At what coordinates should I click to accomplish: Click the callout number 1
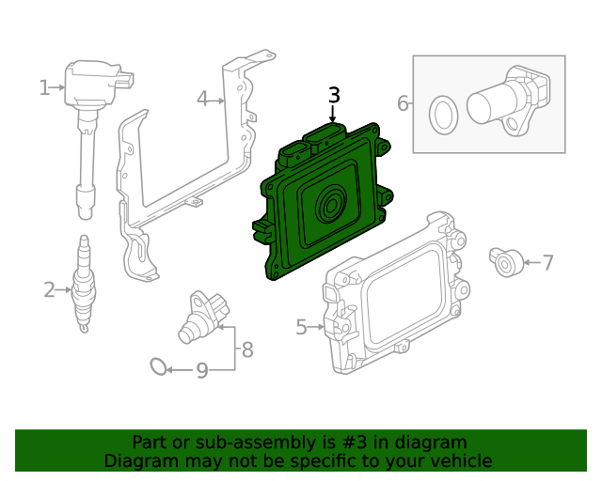pyautogui.click(x=44, y=88)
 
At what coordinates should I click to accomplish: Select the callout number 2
pyautogui.click(x=49, y=290)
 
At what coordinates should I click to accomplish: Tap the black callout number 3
pyautogui.click(x=334, y=95)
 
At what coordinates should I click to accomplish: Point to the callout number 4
pyautogui.click(x=202, y=99)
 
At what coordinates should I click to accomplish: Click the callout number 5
pyautogui.click(x=301, y=327)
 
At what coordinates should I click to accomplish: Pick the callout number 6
pyautogui.click(x=403, y=103)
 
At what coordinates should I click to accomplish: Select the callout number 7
pyautogui.click(x=547, y=262)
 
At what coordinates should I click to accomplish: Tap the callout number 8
pyautogui.click(x=247, y=350)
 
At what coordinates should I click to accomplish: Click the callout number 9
pyautogui.click(x=201, y=371)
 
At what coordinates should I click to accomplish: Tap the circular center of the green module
pyautogui.click(x=332, y=204)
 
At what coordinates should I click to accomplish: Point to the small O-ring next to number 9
pyautogui.click(x=160, y=366)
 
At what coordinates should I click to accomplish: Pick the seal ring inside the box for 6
pyautogui.click(x=441, y=115)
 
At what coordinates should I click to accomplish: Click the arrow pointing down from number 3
pyautogui.click(x=332, y=113)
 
